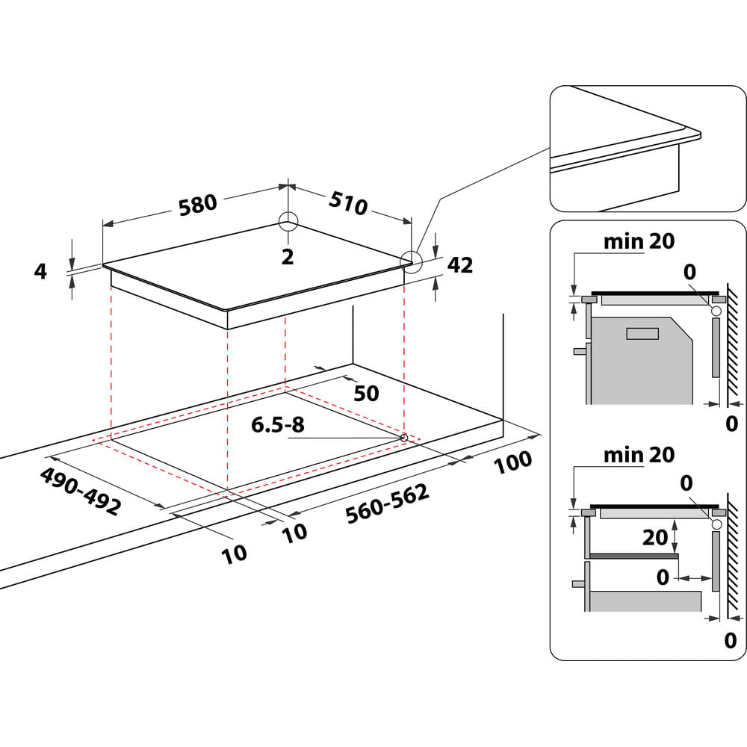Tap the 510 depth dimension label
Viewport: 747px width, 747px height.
pyautogui.click(x=347, y=202)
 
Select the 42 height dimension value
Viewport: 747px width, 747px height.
pyautogui.click(x=460, y=265)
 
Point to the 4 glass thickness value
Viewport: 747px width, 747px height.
pyautogui.click(x=40, y=271)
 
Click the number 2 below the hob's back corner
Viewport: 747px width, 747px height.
pyautogui.click(x=288, y=257)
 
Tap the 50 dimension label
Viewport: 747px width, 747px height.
pyautogui.click(x=366, y=394)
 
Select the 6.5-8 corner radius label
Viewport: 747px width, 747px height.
pyautogui.click(x=277, y=426)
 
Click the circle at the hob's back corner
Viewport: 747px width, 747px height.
pyautogui.click(x=288, y=221)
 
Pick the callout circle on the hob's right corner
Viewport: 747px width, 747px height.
pyautogui.click(x=410, y=260)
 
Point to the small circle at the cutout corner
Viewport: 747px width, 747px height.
pyautogui.click(x=404, y=437)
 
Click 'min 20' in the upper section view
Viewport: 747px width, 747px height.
pyautogui.click(x=639, y=241)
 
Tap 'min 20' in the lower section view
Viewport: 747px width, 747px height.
pyautogui.click(x=639, y=454)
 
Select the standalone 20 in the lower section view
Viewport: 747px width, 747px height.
pyautogui.click(x=654, y=538)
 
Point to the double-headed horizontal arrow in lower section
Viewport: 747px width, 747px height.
pyautogui.click(x=694, y=577)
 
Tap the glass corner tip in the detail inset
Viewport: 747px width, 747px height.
pyautogui.click(x=699, y=134)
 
